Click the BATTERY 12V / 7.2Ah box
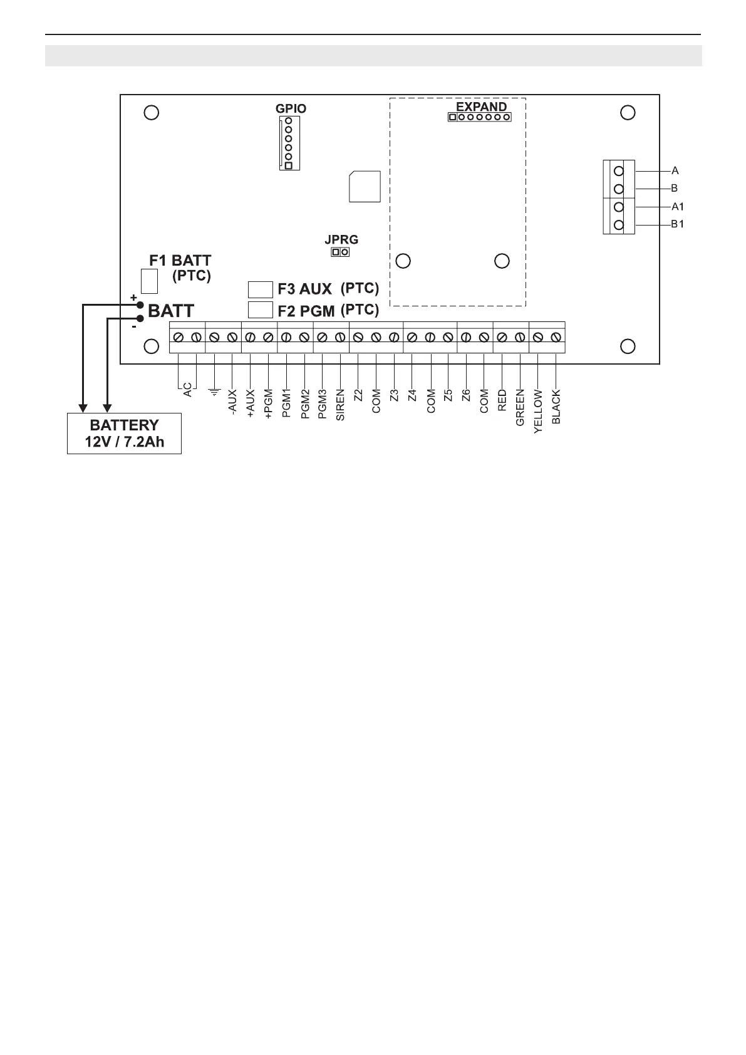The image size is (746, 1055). pos(124,434)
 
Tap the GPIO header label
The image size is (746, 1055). pos(291,108)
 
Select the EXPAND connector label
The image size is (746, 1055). pos(481,107)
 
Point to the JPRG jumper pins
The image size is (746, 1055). pos(341,252)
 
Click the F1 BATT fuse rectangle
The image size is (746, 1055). pos(149,281)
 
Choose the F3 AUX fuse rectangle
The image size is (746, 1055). pos(261,289)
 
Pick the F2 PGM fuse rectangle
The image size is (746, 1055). pos(261,309)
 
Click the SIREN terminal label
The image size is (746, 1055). pos(341,405)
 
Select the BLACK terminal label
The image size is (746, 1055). pos(556,408)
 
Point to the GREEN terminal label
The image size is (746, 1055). pos(520,408)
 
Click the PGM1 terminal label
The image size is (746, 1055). pos(286,404)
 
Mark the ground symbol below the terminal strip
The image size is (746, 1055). pos(215,393)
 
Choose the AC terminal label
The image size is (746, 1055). pos(187,390)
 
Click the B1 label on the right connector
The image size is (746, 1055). pos(677,224)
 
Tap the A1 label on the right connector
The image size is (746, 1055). pos(677,206)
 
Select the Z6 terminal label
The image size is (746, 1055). pos(466,395)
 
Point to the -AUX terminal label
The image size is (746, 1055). pos(232,402)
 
